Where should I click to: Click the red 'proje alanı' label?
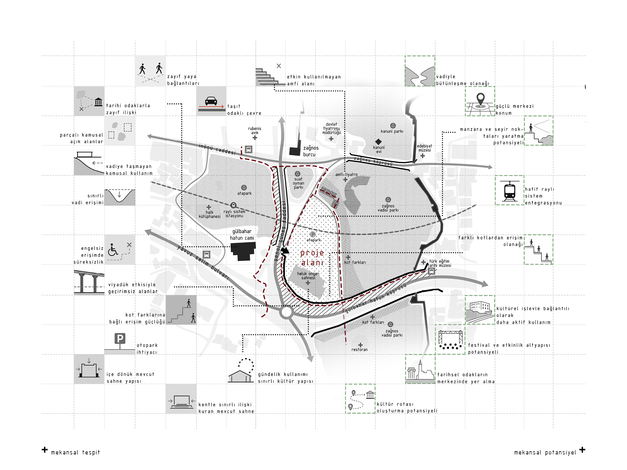point(312,258)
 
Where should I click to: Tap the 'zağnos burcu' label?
point(311,151)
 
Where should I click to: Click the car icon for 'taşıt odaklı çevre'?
point(211,101)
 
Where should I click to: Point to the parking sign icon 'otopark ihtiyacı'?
point(120,341)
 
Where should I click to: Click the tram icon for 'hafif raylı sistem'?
point(509,191)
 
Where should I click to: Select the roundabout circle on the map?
point(286,312)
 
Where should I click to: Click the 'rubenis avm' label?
point(255,131)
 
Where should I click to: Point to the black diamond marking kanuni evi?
point(378,142)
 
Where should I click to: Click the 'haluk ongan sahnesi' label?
point(308,276)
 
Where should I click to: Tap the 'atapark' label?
point(244,193)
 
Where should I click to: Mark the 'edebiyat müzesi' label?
point(424,148)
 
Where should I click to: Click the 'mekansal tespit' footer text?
point(76,452)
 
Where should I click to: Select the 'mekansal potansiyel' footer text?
point(545,452)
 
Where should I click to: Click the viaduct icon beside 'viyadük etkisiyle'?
point(89,281)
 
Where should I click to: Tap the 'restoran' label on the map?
point(360,350)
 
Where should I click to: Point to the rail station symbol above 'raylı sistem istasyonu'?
point(233,205)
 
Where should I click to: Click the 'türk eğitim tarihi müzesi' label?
point(439,263)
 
